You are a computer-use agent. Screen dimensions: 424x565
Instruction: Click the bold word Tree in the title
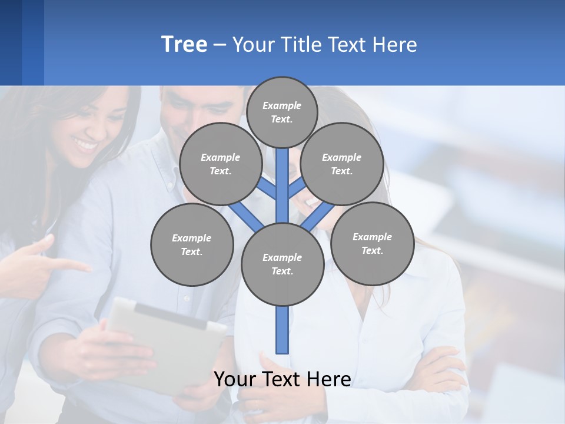(184, 45)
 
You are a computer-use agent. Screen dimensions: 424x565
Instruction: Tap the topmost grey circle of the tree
(282, 112)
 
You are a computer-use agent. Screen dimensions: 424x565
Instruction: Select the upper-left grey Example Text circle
(220, 164)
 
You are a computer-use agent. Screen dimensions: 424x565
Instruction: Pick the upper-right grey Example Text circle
(341, 164)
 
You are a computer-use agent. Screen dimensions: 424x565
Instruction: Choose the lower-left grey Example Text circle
(192, 245)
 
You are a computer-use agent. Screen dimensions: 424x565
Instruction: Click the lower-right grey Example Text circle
(372, 244)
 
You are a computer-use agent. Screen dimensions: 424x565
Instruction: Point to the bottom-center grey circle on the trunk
(282, 264)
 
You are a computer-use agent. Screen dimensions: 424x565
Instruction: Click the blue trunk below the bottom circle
(282, 330)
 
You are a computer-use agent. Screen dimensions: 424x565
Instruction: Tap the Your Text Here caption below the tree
(282, 379)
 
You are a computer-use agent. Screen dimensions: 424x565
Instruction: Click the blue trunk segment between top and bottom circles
(282, 185)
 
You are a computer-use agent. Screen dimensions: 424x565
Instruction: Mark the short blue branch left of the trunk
(266, 188)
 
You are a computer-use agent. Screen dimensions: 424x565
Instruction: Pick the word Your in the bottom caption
(236, 379)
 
